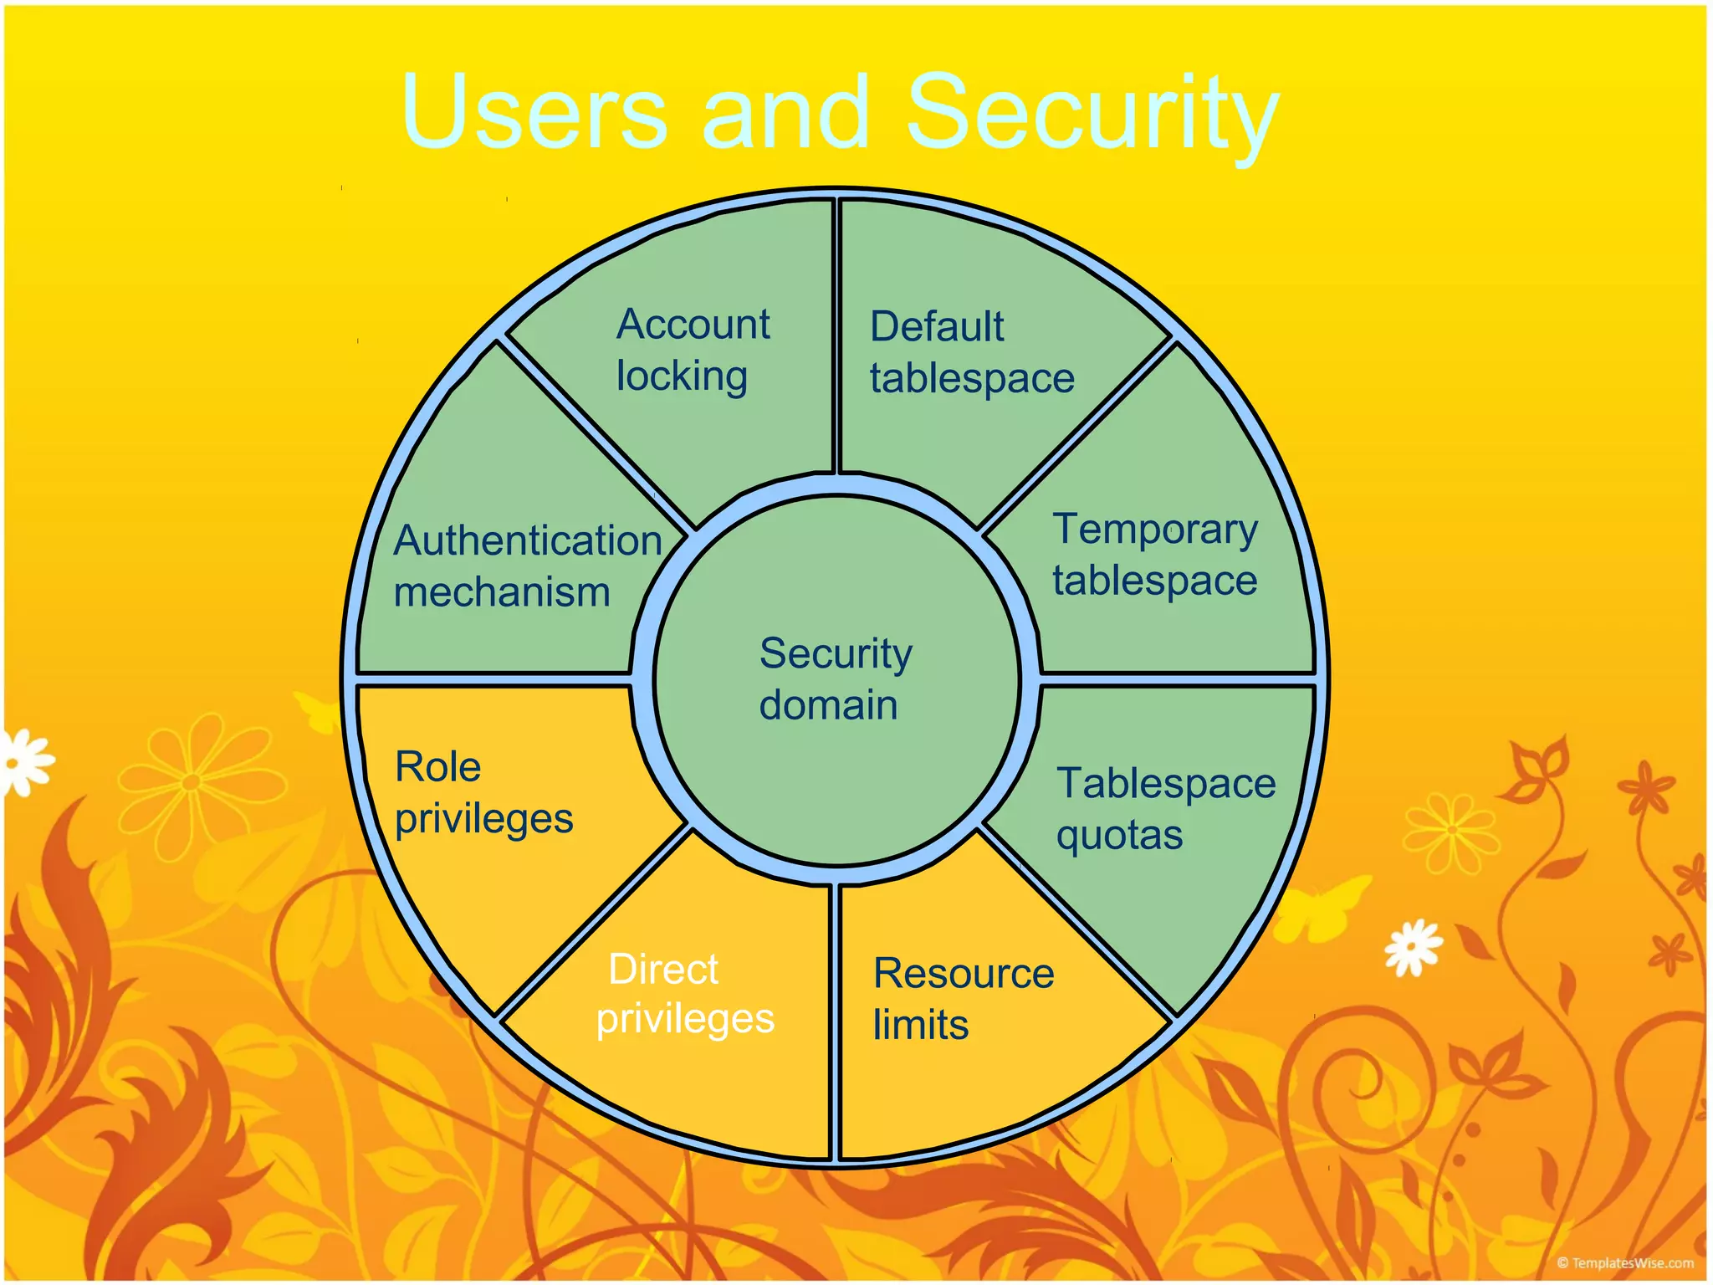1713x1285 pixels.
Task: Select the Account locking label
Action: click(693, 350)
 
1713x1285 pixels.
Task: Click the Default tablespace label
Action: click(971, 352)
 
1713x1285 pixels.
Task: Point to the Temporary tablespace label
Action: click(1155, 555)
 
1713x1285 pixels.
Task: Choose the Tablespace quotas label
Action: click(1165, 809)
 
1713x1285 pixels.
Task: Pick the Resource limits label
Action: click(963, 999)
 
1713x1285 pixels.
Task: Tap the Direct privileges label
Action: click(685, 994)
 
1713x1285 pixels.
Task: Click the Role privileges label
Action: click(483, 792)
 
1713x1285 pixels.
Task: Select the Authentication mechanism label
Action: click(527, 566)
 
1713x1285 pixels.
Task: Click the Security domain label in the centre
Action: click(835, 678)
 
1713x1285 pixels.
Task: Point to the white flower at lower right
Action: click(1414, 947)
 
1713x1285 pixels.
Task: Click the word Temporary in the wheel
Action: click(1155, 530)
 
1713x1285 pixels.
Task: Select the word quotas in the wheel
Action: click(1119, 835)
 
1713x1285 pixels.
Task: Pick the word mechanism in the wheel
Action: click(502, 592)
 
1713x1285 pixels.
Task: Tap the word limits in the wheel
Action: click(921, 1025)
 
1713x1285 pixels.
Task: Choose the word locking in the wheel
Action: click(682, 376)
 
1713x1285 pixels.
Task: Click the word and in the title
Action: click(786, 113)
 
